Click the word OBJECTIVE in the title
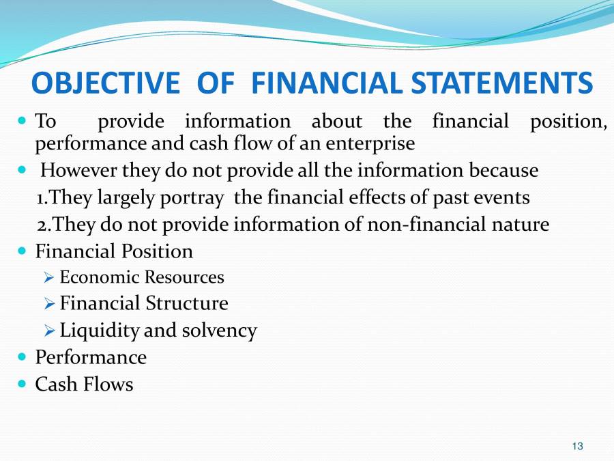click(x=105, y=84)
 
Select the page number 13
click(x=578, y=446)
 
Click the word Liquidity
click(x=100, y=331)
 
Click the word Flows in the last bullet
click(x=108, y=384)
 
